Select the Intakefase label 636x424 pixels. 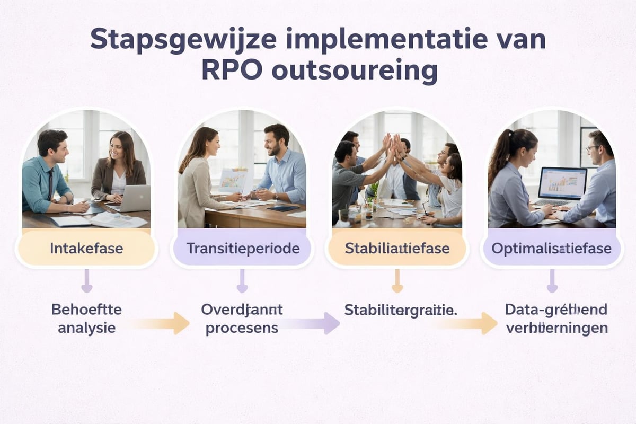pyautogui.click(x=86, y=248)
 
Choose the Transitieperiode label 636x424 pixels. pyautogui.click(x=242, y=248)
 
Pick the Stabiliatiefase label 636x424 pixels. pyautogui.click(x=397, y=248)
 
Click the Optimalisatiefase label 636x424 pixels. pyautogui.click(x=552, y=248)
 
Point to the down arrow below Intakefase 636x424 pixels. pyautogui.click(x=86, y=281)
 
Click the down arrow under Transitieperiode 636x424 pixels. pyautogui.click(x=242, y=281)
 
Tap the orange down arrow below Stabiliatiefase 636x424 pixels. pyautogui.click(x=397, y=281)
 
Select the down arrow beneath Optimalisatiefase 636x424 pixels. pyautogui.click(x=552, y=281)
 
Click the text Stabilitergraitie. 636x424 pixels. pyautogui.click(x=401, y=310)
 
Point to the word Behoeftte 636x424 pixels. pyautogui.click(x=86, y=310)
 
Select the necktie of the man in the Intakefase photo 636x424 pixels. pyautogui.click(x=49, y=183)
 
